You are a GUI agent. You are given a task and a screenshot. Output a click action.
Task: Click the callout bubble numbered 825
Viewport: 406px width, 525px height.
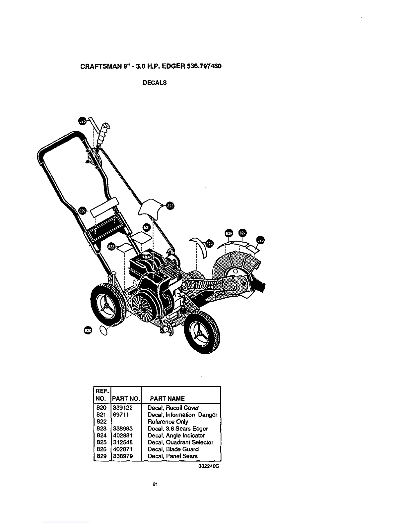(x=83, y=121)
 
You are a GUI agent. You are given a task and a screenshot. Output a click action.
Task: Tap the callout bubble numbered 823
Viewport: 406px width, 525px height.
(x=170, y=206)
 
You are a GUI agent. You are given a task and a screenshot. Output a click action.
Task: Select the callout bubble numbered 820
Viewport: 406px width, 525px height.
(x=88, y=330)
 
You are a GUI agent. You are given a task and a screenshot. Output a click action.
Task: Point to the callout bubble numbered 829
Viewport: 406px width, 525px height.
(x=83, y=210)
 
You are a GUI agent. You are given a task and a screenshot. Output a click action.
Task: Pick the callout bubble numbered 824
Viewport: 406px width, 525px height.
(x=209, y=244)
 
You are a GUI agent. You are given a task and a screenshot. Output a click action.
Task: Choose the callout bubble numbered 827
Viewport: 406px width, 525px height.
(x=243, y=233)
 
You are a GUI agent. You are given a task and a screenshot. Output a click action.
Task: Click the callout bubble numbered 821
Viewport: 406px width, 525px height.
(x=146, y=227)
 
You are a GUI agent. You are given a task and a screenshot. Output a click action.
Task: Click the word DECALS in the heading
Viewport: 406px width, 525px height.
(x=155, y=83)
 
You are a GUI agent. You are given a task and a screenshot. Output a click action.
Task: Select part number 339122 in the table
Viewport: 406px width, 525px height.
(x=122, y=408)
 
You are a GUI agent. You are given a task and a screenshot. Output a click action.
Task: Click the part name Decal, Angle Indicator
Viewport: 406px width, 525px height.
(x=176, y=436)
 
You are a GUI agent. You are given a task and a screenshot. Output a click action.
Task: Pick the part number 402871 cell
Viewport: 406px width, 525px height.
(x=122, y=449)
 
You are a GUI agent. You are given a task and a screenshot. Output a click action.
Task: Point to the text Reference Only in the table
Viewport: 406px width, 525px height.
(x=168, y=422)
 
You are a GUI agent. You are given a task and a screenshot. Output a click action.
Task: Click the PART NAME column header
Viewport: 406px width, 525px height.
(x=168, y=398)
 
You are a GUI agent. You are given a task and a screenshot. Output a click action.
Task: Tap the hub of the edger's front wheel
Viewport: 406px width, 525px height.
(x=200, y=333)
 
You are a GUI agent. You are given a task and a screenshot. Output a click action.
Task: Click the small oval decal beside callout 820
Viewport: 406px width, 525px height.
(x=103, y=330)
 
